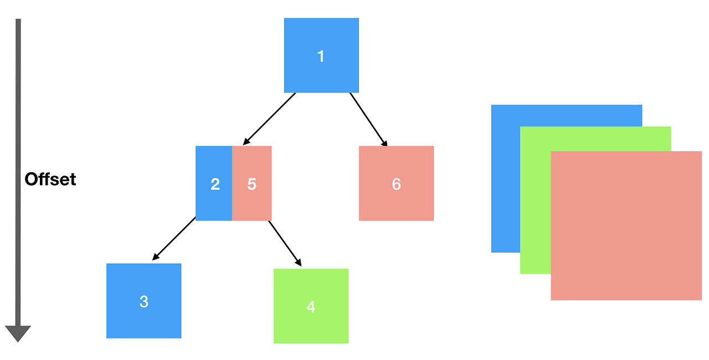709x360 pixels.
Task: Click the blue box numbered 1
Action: [321, 55]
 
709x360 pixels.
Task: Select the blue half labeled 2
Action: [214, 183]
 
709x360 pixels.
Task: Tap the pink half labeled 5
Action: [251, 183]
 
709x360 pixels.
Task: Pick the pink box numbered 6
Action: [396, 183]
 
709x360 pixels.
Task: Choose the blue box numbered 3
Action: [143, 301]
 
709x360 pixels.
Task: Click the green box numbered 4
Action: [311, 306]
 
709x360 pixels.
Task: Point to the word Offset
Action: [50, 179]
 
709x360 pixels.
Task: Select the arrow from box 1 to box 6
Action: [368, 120]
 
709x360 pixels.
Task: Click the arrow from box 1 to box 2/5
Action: [269, 119]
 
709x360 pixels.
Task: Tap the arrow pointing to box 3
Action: [174, 239]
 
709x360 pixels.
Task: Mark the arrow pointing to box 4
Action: [285, 244]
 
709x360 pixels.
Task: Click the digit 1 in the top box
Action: [321, 56]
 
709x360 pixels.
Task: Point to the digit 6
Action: [396, 184]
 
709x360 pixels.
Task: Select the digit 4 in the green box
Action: [311, 307]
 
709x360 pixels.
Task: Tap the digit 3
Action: [144, 301]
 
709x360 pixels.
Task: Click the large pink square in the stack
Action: [626, 225]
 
